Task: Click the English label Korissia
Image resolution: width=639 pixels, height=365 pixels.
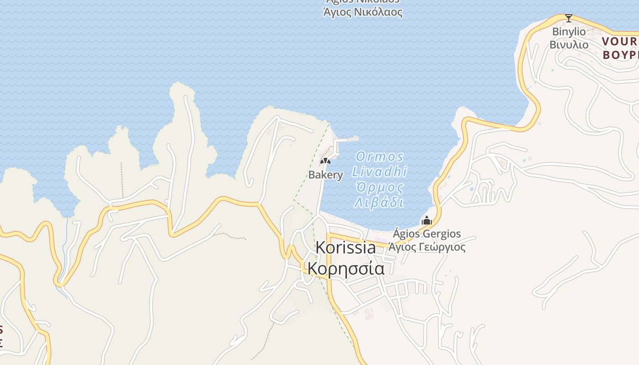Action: coord(346,248)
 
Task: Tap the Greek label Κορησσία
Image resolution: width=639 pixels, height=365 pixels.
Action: coord(346,268)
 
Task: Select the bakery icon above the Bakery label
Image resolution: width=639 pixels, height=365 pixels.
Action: coord(325,161)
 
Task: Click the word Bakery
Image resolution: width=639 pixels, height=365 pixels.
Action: coord(325,175)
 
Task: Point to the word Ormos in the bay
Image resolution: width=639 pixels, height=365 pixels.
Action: coord(380,157)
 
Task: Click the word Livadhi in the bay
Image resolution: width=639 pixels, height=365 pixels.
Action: coord(379,172)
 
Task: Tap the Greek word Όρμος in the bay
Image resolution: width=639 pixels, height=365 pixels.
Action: coord(379,188)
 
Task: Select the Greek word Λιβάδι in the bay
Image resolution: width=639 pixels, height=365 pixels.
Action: coord(379,203)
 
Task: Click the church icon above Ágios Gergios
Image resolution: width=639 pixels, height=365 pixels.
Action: coord(427,221)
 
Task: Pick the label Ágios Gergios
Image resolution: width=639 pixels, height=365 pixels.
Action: coord(427,234)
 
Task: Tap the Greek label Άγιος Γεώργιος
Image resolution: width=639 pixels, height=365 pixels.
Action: coord(427,247)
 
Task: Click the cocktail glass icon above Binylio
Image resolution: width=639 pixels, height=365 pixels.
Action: coord(568,18)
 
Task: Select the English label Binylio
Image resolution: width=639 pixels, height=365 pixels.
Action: coord(568,31)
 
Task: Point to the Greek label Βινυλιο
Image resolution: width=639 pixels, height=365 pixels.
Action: coord(568,45)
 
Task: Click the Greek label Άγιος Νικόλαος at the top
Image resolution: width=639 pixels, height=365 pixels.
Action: coord(362,12)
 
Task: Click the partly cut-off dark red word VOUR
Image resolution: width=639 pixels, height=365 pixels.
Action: coord(620,42)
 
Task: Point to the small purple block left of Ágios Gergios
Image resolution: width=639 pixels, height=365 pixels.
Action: coord(380,240)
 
